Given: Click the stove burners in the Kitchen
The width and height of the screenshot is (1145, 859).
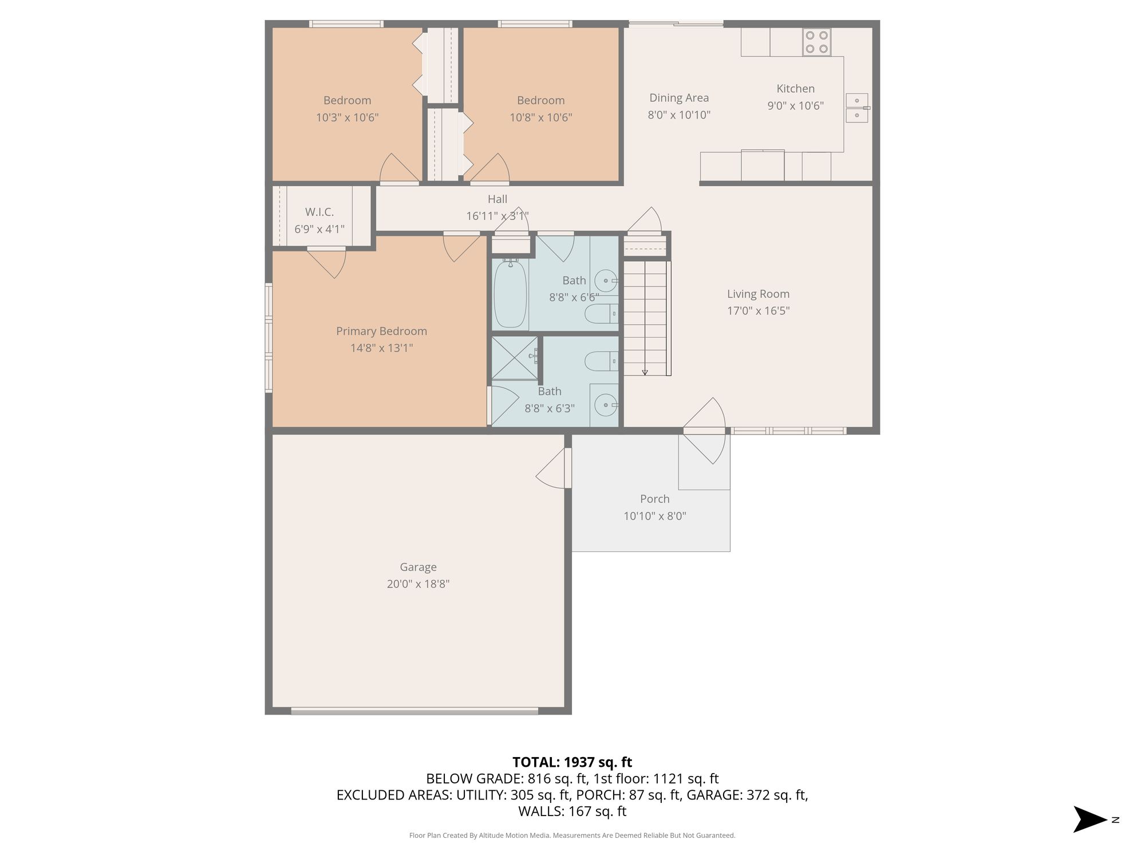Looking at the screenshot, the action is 816,42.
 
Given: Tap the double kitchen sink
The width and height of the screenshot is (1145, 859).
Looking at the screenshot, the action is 857,108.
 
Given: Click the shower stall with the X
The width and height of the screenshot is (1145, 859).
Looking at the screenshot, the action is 515,358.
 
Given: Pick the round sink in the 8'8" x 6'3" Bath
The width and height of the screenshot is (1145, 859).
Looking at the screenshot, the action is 606,405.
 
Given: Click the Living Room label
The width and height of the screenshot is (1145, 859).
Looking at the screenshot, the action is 758,294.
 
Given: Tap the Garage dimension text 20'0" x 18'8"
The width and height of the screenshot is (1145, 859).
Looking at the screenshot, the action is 418,584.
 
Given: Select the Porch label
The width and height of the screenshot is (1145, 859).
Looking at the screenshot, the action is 654,499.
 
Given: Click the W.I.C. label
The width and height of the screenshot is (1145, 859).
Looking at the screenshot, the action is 319,212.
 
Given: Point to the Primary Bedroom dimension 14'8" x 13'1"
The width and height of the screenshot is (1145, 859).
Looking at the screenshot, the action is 381,348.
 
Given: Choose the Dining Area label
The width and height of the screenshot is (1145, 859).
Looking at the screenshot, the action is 679,98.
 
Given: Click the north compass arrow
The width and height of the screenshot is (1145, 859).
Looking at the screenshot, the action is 1089,819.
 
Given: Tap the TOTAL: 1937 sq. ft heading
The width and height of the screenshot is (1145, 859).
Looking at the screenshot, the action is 572,762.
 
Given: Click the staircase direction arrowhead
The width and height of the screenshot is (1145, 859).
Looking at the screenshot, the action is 645,372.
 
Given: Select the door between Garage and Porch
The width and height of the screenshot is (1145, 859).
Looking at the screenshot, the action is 554,468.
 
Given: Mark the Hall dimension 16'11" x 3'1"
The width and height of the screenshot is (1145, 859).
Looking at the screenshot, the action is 498,216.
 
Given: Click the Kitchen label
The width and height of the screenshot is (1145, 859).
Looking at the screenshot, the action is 795,89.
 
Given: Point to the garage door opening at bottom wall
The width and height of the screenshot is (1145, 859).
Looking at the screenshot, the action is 414,711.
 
